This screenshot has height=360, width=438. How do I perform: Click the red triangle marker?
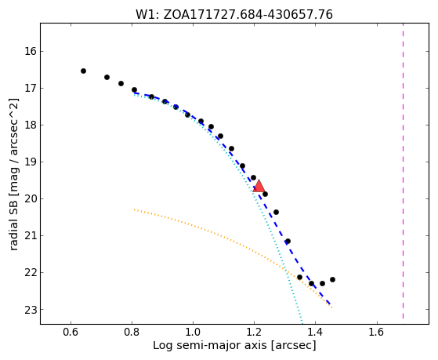pyautogui.click(x=259, y=187)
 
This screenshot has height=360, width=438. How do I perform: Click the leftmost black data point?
pyautogui.click(x=83, y=71)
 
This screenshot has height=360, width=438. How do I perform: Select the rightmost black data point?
pyautogui.click(x=332, y=280)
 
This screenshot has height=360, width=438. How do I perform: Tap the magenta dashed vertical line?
pyautogui.click(x=403, y=171)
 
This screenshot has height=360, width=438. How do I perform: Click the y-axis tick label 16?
pyautogui.click(x=31, y=52)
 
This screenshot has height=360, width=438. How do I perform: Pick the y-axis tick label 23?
pyautogui.click(x=31, y=310)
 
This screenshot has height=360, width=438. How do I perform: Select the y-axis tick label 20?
pyautogui.click(x=31, y=199)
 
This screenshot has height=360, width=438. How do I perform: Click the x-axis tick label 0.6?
pyautogui.click(x=71, y=333)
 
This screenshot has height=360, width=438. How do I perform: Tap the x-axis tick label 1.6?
pyautogui.click(x=377, y=333)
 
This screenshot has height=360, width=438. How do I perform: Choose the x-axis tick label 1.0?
pyautogui.click(x=194, y=333)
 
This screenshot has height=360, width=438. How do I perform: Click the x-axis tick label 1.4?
pyautogui.click(x=315, y=333)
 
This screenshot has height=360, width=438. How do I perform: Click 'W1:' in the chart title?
pyautogui.click(x=147, y=15)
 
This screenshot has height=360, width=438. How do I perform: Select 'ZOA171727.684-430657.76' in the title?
pyautogui.click(x=248, y=15)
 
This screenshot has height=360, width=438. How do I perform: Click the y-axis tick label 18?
pyautogui.click(x=31, y=125)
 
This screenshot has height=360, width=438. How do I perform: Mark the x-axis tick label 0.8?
pyautogui.click(x=132, y=333)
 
